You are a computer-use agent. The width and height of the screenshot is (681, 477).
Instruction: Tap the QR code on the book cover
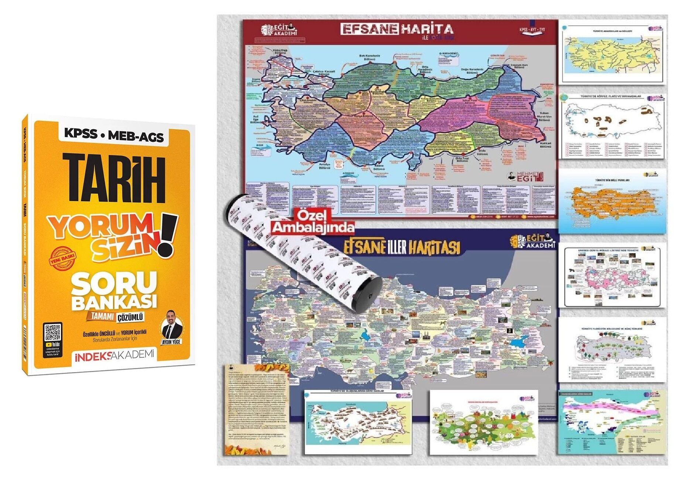(x=52, y=332)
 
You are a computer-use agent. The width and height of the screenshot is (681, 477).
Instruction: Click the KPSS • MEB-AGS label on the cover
(x=114, y=135)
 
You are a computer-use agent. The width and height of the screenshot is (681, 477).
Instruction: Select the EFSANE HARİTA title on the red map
(x=397, y=29)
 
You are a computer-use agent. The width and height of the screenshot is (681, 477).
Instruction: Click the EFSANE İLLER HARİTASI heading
(x=402, y=247)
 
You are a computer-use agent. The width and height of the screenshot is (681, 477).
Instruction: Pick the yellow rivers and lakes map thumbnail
(x=612, y=52)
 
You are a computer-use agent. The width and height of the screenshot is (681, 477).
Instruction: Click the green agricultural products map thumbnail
(x=484, y=423)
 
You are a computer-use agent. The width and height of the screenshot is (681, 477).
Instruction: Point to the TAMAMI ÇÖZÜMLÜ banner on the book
(x=116, y=317)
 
